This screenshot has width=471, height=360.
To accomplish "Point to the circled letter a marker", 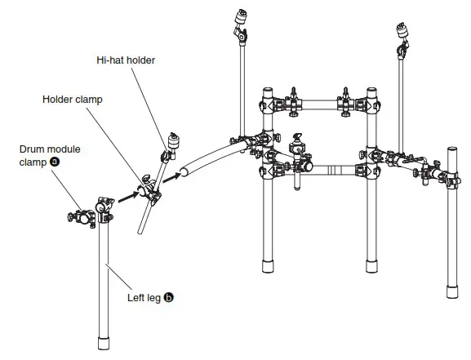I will pyautogui.click(x=55, y=162).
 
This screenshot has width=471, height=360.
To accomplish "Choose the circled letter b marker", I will pyautogui.click(x=169, y=299).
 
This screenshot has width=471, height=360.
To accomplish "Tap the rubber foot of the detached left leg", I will pyautogui.click(x=104, y=340).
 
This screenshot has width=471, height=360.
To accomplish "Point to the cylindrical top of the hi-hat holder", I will pyautogui.click(x=172, y=139).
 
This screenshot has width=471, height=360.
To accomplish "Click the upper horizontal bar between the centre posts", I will pyautogui.click(x=318, y=105).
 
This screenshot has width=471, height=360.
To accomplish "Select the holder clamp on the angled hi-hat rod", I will pyautogui.click(x=148, y=189).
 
